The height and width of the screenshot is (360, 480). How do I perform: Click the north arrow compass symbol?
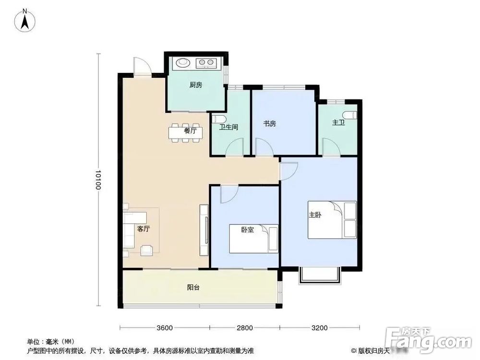click(x=24, y=20)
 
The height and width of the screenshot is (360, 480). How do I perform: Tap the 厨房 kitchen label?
click(x=195, y=85)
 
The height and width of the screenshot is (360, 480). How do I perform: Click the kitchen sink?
click(x=183, y=62)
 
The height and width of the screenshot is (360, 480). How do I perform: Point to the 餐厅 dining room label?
click(x=190, y=131)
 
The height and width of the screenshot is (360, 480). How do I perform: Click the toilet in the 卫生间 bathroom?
click(x=217, y=120)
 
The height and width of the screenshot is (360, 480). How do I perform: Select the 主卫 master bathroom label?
click(x=338, y=123)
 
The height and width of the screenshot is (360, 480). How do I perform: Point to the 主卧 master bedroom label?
click(x=315, y=216)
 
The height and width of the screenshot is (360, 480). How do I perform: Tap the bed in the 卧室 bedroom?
click(x=253, y=239)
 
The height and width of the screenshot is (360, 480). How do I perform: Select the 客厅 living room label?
click(x=144, y=229)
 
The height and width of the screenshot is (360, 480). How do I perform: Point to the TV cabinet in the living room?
click(x=204, y=229)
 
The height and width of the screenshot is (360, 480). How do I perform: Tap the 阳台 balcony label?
click(x=193, y=288)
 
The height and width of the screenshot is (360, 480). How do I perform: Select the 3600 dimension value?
click(x=164, y=328)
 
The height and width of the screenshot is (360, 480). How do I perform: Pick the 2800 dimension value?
click(x=244, y=328)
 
